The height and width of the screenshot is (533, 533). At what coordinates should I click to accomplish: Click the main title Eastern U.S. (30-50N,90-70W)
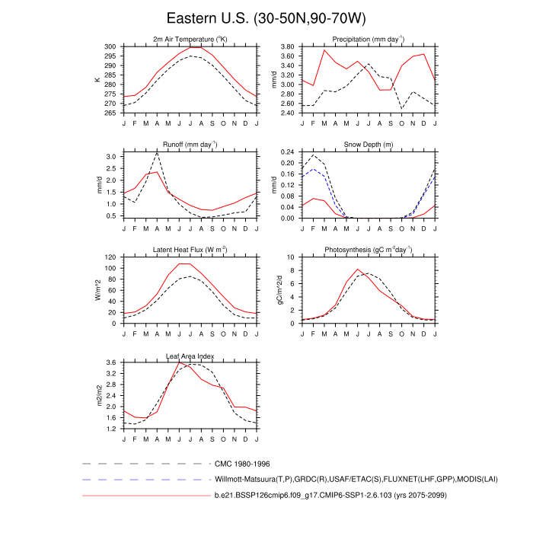click(x=266, y=18)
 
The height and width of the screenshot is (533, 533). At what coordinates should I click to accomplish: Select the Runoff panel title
click(x=190, y=144)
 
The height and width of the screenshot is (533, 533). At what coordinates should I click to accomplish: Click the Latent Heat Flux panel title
click(x=190, y=249)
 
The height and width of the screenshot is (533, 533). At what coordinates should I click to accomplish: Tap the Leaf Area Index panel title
click(x=190, y=355)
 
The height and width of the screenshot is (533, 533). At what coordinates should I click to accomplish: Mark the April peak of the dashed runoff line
click(x=157, y=153)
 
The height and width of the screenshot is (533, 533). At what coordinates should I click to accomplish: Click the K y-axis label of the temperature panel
click(x=97, y=79)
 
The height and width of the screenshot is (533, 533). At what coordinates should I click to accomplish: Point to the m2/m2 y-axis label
click(x=97, y=396)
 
